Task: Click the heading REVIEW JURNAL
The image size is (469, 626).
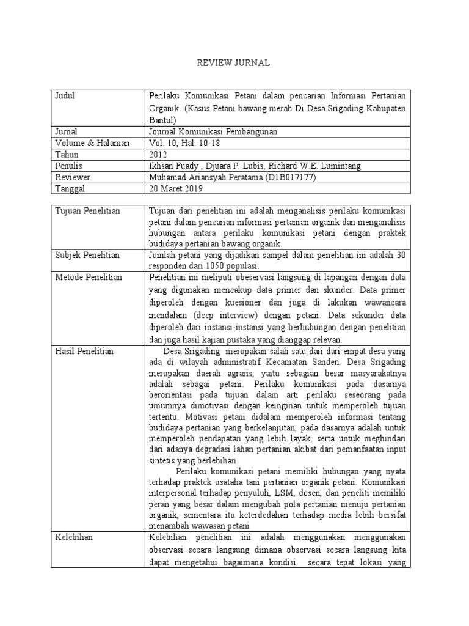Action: [x=234, y=63]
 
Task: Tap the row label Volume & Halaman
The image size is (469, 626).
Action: [x=92, y=143]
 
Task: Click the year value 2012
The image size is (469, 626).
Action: [x=158, y=155]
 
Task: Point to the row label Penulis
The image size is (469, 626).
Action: [x=68, y=166]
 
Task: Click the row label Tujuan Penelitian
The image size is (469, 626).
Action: [x=88, y=211]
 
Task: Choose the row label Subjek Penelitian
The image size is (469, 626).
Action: [x=87, y=255]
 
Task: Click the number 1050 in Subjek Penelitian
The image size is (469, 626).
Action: [x=219, y=267]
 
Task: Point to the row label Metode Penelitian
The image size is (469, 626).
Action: [x=89, y=278]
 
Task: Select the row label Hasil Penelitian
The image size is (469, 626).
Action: [x=84, y=352]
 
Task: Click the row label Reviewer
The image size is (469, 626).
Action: [x=71, y=178]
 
